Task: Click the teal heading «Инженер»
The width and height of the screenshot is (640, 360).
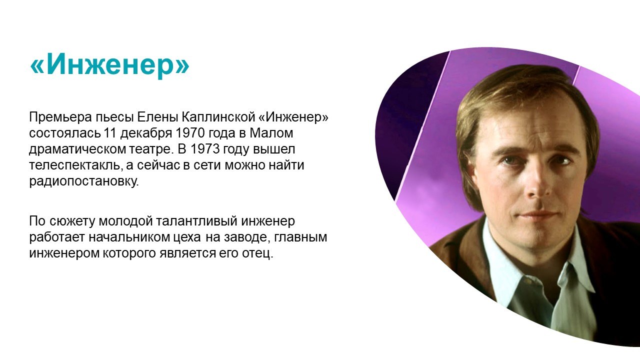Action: [x=109, y=65]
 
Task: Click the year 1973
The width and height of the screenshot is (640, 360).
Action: [x=204, y=149]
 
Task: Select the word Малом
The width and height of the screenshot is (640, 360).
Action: [x=271, y=133]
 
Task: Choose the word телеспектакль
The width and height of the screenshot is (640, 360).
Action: [x=74, y=165]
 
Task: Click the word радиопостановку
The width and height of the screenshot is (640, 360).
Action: [x=84, y=181]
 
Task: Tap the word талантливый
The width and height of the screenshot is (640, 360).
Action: [x=196, y=221]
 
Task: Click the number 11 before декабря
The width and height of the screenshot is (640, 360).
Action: [x=109, y=133]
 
